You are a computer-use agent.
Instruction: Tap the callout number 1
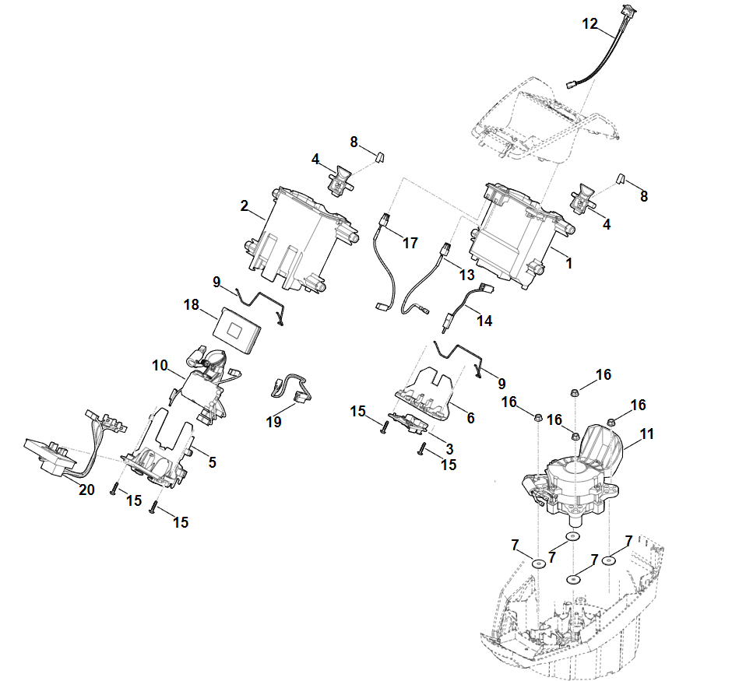[569, 264]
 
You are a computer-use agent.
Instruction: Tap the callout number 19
[273, 422]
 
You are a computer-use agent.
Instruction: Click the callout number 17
[410, 244]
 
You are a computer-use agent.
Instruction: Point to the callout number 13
[466, 275]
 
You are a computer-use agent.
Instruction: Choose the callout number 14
[484, 320]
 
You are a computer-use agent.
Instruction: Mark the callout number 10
[160, 364]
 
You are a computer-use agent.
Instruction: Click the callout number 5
[212, 462]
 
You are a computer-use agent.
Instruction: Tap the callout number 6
[470, 417]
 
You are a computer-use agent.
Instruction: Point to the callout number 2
[244, 206]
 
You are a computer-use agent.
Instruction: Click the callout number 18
[192, 305]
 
